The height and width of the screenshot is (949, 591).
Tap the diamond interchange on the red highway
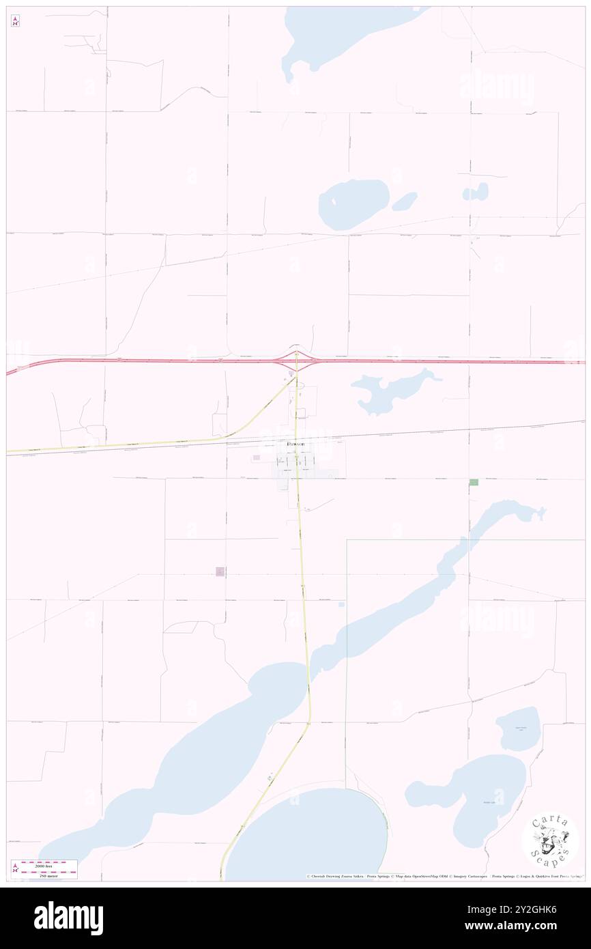(296, 360)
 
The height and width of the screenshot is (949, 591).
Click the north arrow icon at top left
(15, 21)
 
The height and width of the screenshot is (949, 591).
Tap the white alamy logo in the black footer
(68, 918)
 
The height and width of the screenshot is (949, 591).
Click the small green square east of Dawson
(474, 482)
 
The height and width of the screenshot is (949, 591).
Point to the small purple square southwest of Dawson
(220, 571)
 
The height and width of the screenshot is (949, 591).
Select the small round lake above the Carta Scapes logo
(517, 728)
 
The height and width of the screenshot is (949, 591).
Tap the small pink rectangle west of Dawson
(257, 457)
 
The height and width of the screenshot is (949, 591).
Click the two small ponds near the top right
(476, 192)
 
